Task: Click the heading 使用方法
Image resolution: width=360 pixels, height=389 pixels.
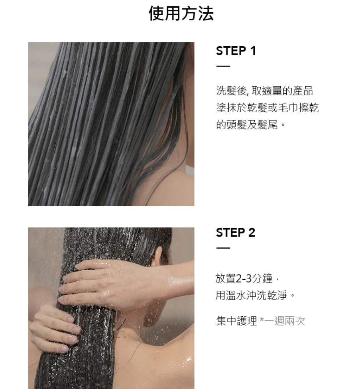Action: tap(181, 14)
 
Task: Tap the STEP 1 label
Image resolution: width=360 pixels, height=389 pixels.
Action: tap(236, 51)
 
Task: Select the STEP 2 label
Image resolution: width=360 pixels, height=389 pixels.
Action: tap(236, 233)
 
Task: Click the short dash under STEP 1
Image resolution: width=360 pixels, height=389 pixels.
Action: tap(223, 66)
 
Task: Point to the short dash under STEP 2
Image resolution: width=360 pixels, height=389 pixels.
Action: tap(223, 248)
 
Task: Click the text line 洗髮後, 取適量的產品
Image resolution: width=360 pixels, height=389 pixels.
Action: tap(265, 91)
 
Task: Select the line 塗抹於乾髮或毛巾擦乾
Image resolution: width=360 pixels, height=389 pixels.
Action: tap(267, 108)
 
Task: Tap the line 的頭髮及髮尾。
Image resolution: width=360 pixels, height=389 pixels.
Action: tap(251, 124)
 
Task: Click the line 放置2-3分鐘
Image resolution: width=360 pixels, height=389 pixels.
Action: tap(248, 278)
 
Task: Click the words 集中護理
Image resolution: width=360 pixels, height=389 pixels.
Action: tap(236, 321)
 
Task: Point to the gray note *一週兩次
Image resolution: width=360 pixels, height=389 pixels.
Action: tap(282, 321)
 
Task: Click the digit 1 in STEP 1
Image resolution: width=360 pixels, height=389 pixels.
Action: tap(253, 51)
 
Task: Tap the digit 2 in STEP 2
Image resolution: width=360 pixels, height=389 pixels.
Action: tap(252, 233)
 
